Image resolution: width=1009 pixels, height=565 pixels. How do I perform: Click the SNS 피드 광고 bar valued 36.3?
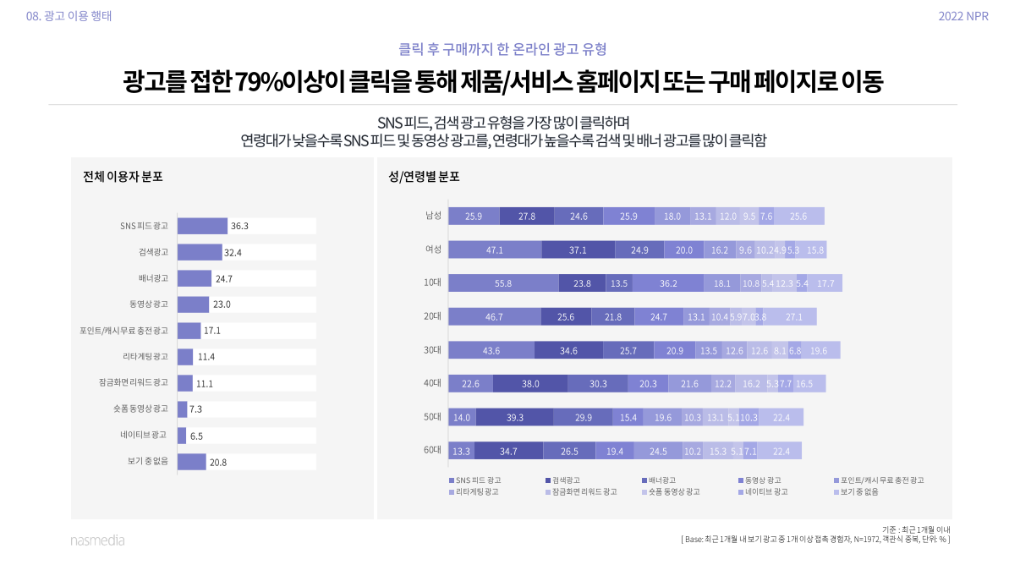click(202, 226)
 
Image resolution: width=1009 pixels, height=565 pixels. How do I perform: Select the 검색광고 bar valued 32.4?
click(200, 252)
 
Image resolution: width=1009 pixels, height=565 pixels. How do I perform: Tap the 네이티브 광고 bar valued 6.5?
click(182, 436)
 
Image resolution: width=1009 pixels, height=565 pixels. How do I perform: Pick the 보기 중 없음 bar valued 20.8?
click(192, 462)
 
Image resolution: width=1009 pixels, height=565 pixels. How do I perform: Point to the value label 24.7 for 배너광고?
click(224, 278)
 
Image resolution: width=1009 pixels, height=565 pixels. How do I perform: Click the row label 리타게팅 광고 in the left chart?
click(145, 356)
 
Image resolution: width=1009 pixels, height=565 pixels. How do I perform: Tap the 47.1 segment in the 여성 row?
click(495, 250)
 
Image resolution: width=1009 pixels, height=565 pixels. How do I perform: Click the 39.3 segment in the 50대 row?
click(514, 417)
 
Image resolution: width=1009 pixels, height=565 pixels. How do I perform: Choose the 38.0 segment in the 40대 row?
click(530, 383)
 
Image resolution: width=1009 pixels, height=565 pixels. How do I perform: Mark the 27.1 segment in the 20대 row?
click(793, 316)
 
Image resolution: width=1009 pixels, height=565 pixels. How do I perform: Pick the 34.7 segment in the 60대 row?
click(508, 451)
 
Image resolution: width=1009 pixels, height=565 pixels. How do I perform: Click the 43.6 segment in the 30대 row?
click(491, 350)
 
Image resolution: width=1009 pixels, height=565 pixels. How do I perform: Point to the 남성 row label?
click(433, 216)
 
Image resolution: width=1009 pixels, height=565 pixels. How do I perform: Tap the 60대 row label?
click(433, 451)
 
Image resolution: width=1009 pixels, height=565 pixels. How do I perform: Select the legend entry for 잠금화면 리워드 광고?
click(579, 491)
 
